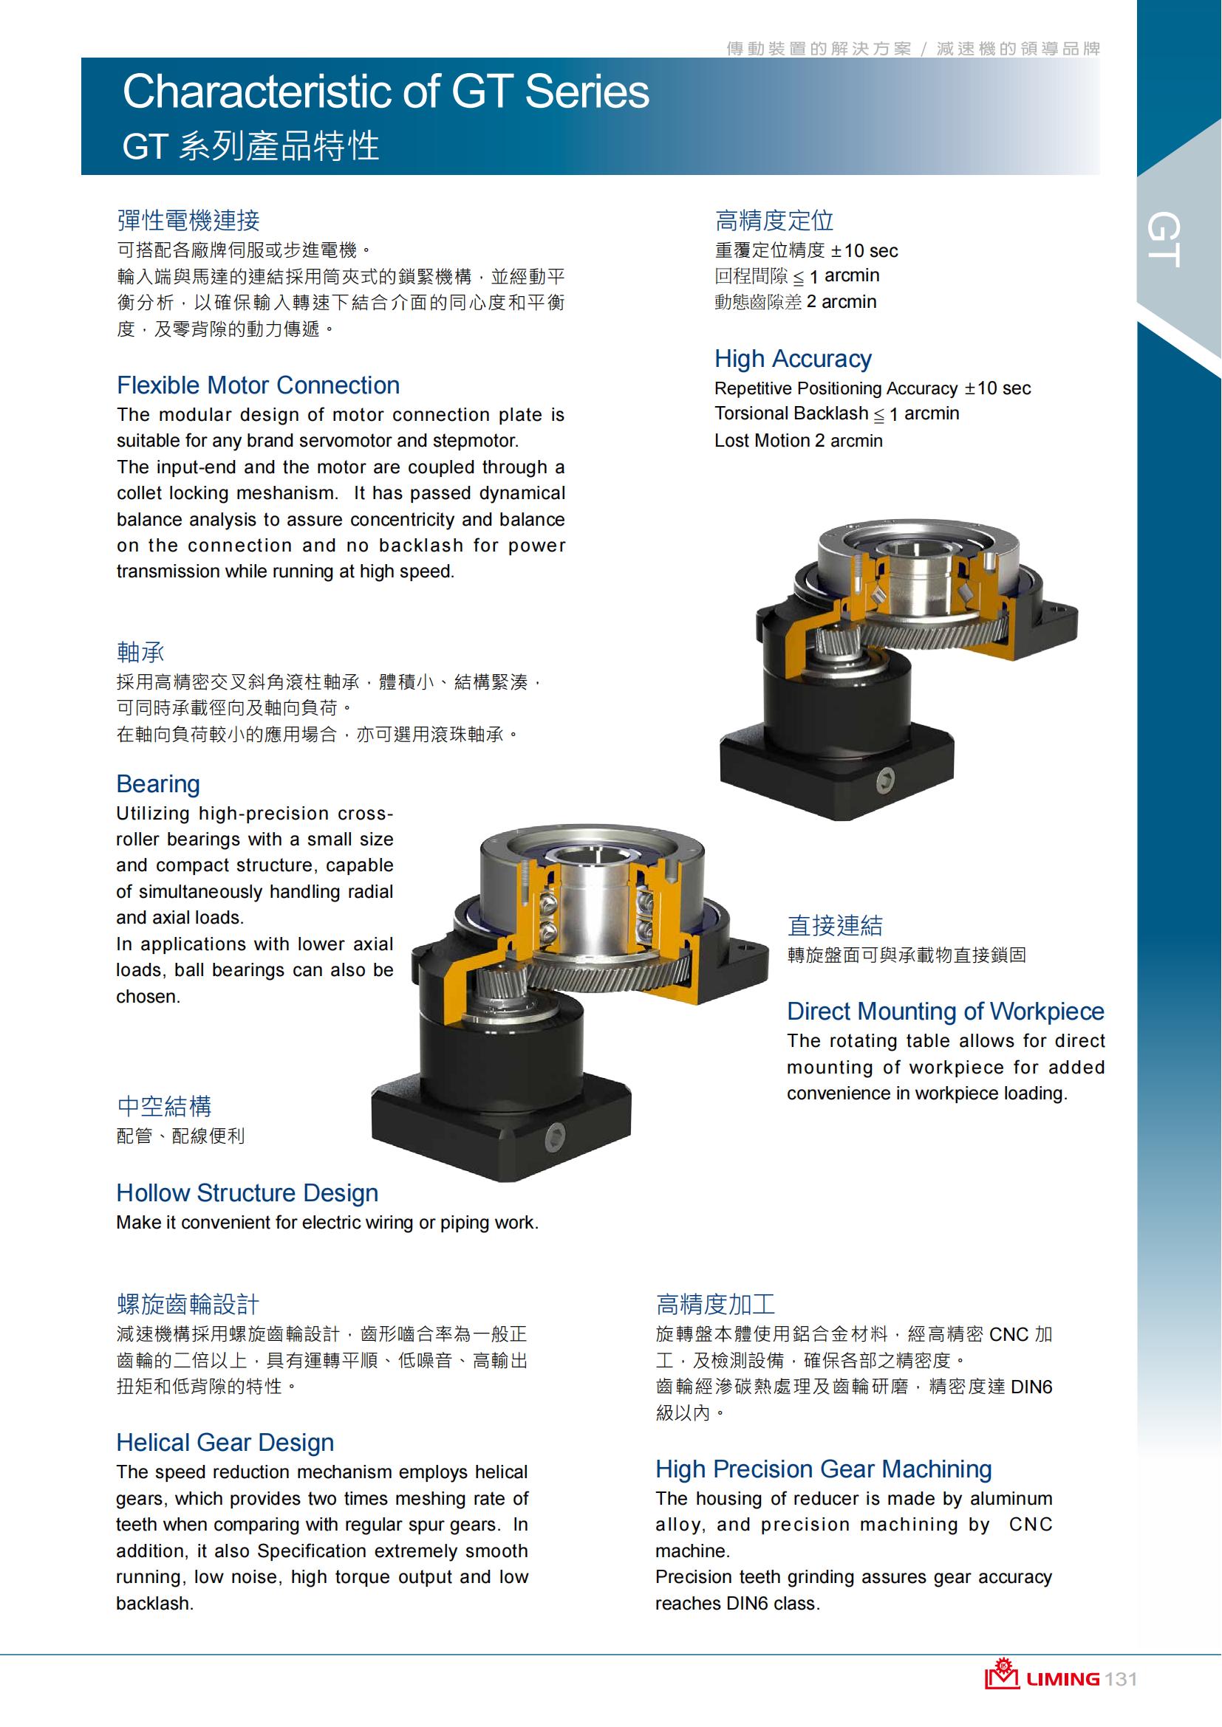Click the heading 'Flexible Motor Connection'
click(x=258, y=385)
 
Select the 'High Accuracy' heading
click(x=793, y=359)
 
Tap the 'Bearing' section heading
click(x=158, y=784)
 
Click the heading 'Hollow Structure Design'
click(x=248, y=1193)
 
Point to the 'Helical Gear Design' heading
click(x=225, y=1443)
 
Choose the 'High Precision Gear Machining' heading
click(x=824, y=1469)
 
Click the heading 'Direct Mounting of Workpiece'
click(x=946, y=1012)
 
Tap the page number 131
click(x=1122, y=1680)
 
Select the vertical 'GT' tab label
click(x=1164, y=239)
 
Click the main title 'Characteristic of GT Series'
click(x=386, y=92)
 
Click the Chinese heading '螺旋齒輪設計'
click(x=188, y=1304)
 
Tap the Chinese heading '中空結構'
click(x=164, y=1107)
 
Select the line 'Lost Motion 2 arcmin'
click(x=799, y=441)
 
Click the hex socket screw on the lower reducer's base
click(x=556, y=1141)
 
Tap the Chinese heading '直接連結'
click(x=836, y=926)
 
